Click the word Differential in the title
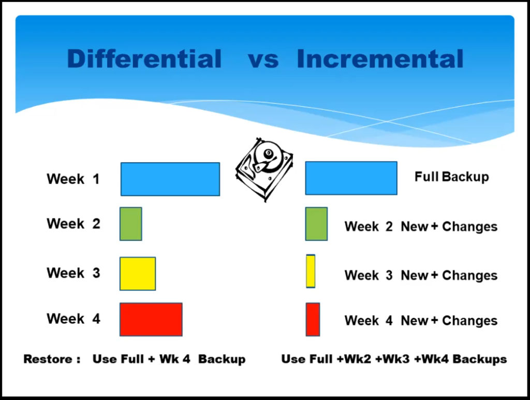144,59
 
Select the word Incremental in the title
380,59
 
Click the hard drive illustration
264,169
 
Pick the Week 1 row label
73,179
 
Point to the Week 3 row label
73,273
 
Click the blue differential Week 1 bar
170,179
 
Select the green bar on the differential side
131,224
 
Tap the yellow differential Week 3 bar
138,274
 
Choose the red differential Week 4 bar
151,320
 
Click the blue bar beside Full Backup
351,178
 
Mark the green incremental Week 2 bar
316,224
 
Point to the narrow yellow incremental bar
311,272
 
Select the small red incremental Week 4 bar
313,320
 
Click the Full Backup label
451,177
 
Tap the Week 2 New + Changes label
421,226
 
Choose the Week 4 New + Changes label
421,321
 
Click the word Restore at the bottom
48,359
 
